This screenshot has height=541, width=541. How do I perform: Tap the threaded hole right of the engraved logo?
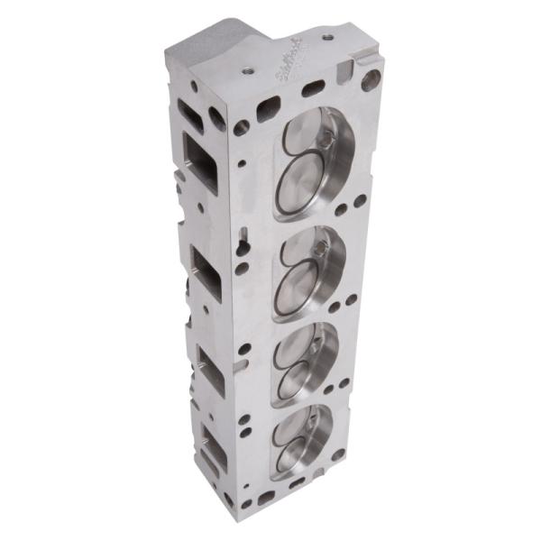(327, 38)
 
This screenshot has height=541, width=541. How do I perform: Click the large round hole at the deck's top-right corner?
(370, 81)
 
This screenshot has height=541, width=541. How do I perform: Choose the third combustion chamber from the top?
(308, 361)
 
